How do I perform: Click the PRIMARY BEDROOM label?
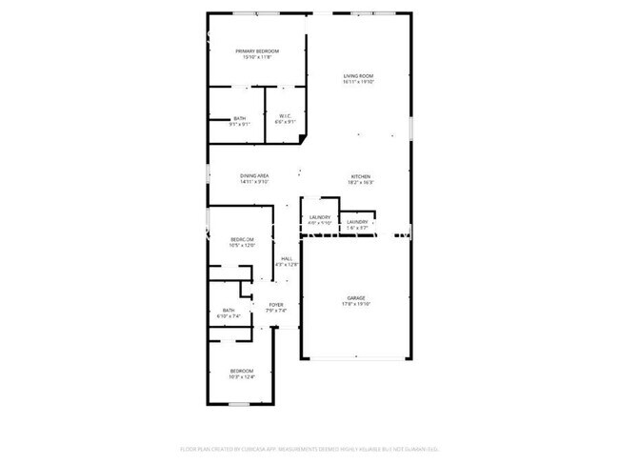point(257,51)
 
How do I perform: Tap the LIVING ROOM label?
point(358,76)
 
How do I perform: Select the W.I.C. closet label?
point(285,116)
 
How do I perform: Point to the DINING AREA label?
point(254,175)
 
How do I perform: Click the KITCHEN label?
point(360,176)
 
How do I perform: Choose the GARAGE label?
point(356,298)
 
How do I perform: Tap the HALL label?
point(286,258)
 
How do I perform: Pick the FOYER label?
point(275,304)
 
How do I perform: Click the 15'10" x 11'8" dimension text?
point(257,57)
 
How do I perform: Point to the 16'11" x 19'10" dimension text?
point(358,82)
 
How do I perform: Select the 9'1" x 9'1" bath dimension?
point(240,124)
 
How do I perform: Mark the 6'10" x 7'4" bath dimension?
point(230,315)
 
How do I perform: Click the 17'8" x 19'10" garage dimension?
point(356,305)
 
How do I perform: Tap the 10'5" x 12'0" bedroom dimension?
point(242,246)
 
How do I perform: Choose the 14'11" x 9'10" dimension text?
point(254,182)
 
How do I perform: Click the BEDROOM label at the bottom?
point(242,370)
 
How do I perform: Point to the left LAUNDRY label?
point(319,217)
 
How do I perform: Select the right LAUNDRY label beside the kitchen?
point(357,222)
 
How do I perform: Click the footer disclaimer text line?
point(309,448)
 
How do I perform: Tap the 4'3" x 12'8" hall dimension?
point(286,265)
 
